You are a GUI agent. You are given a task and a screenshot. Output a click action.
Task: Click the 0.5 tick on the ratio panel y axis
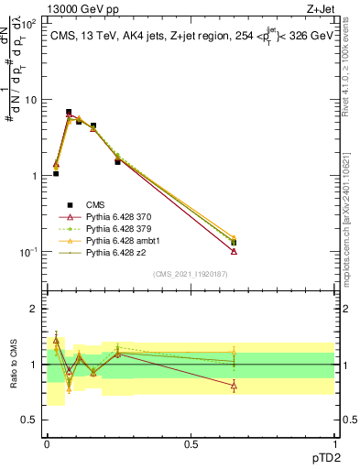tap(30, 420)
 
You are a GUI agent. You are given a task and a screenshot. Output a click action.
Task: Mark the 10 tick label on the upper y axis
tap(30, 100)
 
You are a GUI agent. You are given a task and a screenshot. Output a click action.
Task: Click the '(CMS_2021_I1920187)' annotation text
tap(191, 273)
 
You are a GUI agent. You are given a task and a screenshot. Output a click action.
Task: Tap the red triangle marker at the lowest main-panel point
tap(234, 251)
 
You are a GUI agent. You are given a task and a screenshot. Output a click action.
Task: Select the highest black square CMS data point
tap(69, 112)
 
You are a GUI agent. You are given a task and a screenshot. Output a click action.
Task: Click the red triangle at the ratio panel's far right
tap(234, 386)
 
